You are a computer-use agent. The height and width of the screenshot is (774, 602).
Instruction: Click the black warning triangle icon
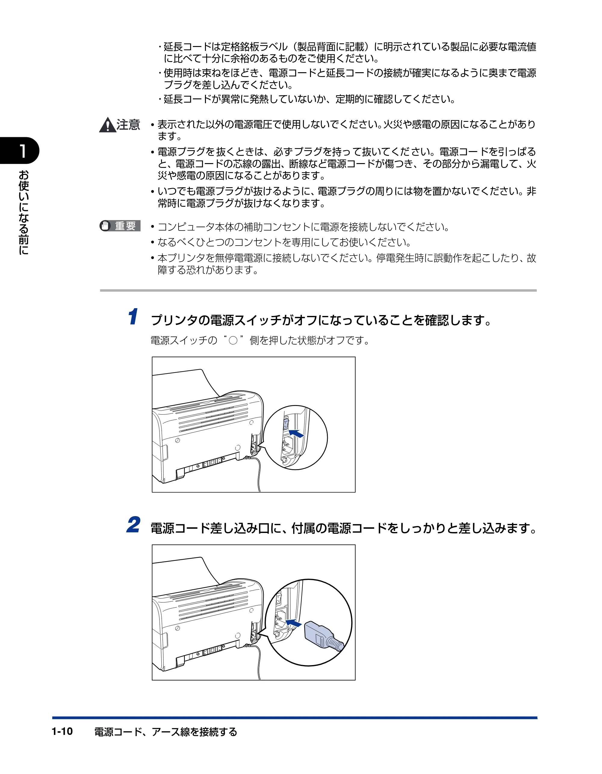[107, 125]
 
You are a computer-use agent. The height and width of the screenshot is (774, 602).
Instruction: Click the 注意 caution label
[128, 125]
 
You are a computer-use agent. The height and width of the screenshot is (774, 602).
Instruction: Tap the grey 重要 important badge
[120, 226]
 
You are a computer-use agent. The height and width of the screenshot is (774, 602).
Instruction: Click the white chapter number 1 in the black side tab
[22, 151]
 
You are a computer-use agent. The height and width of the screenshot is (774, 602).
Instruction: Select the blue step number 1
[133, 317]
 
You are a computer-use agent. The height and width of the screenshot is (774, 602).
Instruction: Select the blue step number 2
[133, 525]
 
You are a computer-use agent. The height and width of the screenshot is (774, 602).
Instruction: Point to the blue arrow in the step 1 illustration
[296, 433]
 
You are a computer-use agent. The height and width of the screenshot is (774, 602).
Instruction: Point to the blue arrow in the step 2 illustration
[293, 623]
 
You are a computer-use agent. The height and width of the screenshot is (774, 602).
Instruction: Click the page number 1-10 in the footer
[62, 731]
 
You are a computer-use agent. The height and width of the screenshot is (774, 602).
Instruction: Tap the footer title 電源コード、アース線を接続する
[166, 732]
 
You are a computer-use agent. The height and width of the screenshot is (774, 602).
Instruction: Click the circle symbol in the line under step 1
[233, 341]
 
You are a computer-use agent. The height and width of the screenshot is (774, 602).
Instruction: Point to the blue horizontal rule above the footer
[295, 718]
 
